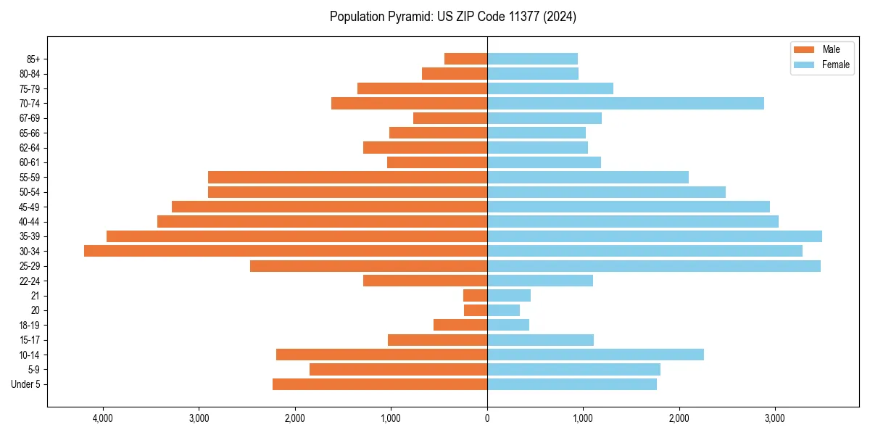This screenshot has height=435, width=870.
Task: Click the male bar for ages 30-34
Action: pyautogui.click(x=286, y=251)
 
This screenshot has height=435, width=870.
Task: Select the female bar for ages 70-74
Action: pyautogui.click(x=626, y=103)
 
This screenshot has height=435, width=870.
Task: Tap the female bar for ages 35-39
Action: pyautogui.click(x=655, y=236)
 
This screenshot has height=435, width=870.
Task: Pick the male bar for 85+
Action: pyautogui.click(x=465, y=59)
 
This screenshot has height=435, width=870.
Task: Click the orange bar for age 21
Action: pyautogui.click(x=475, y=295)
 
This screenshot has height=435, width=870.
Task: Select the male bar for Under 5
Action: pyautogui.click(x=380, y=384)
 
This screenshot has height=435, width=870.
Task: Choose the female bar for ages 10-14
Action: pyautogui.click(x=595, y=355)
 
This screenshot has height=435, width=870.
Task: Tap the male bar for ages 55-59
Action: pyautogui.click(x=347, y=177)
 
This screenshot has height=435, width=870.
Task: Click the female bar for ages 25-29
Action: pyautogui.click(x=654, y=266)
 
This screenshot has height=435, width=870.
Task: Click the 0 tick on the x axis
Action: pyautogui.click(x=487, y=418)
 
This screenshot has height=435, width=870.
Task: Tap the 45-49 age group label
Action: pyautogui.click(x=30, y=207)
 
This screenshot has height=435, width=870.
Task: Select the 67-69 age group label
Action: pyautogui.click(x=30, y=118)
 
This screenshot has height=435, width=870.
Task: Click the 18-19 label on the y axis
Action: pyautogui.click(x=30, y=325)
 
